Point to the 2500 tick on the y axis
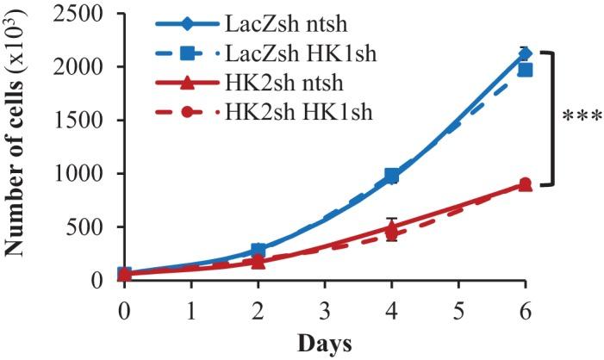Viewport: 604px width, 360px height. point(81,14)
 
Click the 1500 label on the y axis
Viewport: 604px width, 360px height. point(81,121)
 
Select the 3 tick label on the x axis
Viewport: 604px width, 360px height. point(324,307)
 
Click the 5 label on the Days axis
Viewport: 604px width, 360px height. point(458,307)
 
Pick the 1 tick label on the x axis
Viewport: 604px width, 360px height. point(191,307)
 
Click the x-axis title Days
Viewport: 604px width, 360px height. point(324,344)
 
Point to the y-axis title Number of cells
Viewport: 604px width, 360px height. point(16,146)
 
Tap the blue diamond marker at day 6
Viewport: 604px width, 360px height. point(525,53)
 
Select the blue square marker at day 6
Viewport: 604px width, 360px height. point(525,69)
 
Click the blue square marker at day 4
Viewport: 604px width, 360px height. point(391,176)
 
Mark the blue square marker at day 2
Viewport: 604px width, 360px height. point(258,251)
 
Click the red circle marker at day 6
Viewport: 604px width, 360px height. point(525,183)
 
